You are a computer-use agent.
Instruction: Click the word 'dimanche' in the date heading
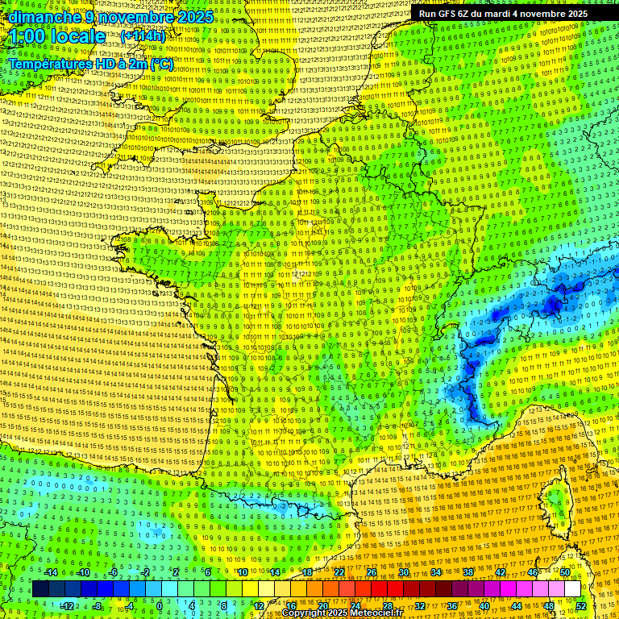[x=40, y=17]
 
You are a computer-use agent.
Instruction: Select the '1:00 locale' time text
[x=57, y=36]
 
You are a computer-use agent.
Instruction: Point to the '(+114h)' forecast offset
[x=143, y=36]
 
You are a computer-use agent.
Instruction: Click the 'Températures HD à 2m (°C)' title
[x=90, y=63]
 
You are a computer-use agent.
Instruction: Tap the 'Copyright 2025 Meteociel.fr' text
[x=342, y=613]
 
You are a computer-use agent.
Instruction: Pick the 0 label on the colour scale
[x=160, y=606]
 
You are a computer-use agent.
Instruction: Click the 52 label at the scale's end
[x=581, y=606]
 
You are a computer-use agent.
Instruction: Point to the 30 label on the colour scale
[x=404, y=572]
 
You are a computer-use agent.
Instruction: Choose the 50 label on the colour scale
[x=565, y=572]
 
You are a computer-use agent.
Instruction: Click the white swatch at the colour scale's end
[x=572, y=589]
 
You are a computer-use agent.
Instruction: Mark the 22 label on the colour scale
[x=339, y=572]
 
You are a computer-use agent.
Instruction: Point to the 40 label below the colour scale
[x=484, y=606]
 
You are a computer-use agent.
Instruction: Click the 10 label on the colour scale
[x=243, y=572]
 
